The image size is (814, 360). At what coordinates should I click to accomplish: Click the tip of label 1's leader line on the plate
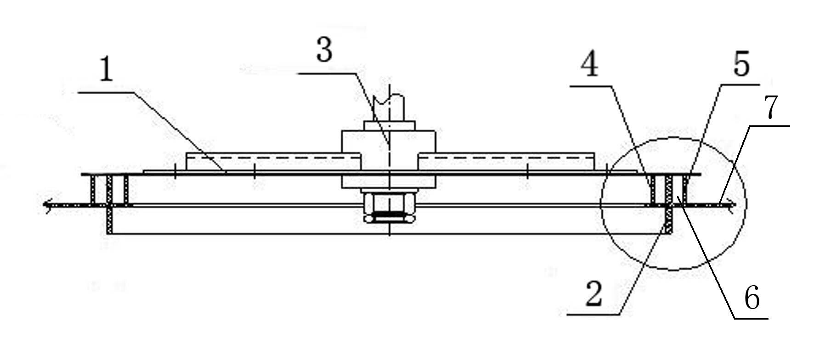coord(226,173)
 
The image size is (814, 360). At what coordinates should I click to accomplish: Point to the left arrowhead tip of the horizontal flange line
coord(43,205)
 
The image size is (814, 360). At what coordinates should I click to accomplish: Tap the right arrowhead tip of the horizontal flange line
coord(736,205)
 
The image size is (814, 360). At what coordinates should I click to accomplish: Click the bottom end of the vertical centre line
coord(390,236)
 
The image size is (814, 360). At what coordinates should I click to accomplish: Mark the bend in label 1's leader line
coord(134,92)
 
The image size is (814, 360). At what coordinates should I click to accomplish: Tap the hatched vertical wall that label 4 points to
coord(653,190)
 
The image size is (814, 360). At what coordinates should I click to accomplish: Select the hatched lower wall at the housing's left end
coord(110,220)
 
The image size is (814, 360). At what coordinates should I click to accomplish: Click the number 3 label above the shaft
coord(324,51)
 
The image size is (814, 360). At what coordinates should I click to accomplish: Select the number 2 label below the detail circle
coord(594,294)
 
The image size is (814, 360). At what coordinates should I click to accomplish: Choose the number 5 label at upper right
coord(741,65)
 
